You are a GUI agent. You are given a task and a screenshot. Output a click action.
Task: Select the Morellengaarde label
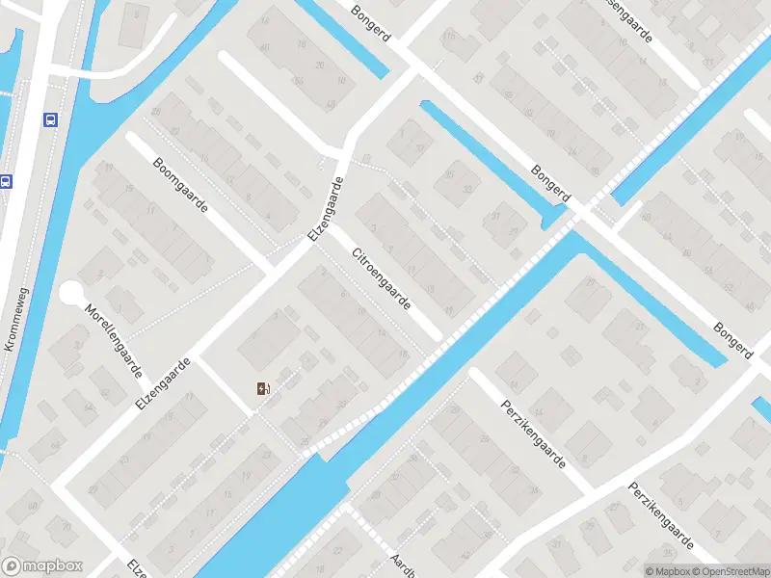115,341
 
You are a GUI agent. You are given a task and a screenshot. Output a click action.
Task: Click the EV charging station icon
263,389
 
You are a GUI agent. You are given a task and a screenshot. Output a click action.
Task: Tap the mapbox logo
42,566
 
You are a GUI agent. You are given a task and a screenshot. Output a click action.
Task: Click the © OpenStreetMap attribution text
724,571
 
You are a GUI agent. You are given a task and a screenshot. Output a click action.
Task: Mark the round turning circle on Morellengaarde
72,293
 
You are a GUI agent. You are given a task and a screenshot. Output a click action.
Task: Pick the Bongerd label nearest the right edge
732,340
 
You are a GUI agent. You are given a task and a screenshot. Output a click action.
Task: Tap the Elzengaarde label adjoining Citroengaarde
326,211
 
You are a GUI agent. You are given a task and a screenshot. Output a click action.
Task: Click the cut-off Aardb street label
402,565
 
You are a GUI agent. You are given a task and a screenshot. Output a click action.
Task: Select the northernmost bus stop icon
49,119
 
